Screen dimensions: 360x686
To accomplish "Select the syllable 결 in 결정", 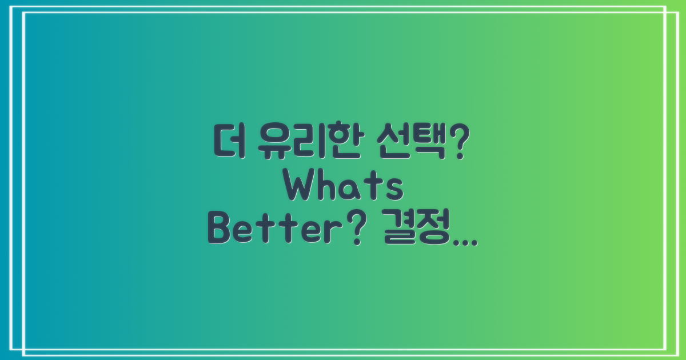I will click(x=398, y=231).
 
